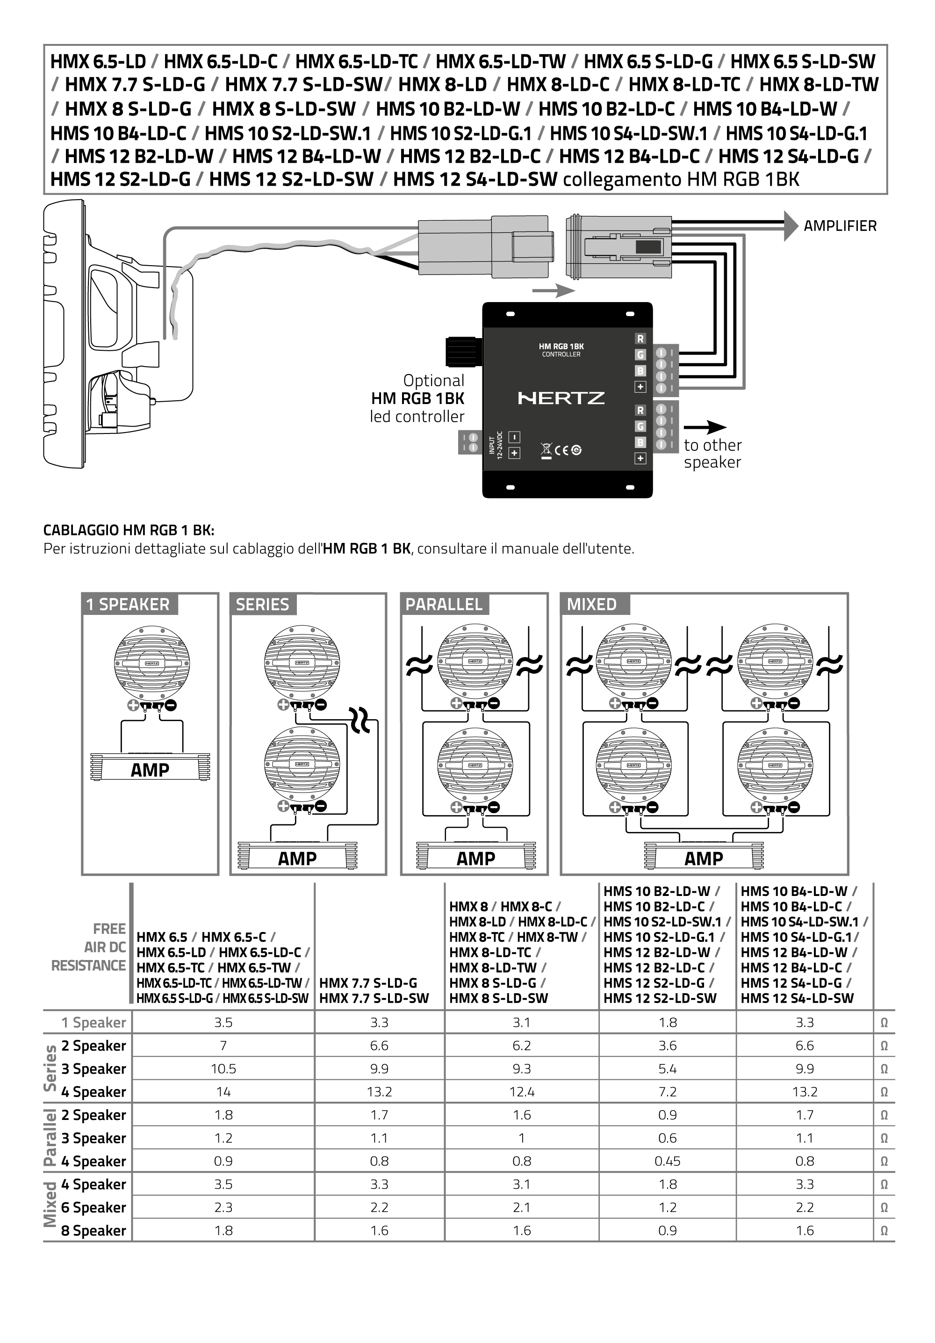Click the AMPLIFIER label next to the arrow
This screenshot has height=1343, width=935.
click(x=840, y=226)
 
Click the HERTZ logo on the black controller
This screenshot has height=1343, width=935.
click(x=561, y=398)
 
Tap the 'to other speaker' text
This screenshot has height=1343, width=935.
click(x=712, y=453)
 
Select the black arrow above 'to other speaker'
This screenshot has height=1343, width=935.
click(x=705, y=427)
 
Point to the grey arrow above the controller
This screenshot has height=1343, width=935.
click(x=553, y=290)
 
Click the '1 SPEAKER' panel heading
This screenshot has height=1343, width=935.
click(x=128, y=604)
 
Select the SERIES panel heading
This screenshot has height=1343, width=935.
click(x=263, y=604)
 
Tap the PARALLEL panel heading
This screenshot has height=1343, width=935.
click(x=444, y=604)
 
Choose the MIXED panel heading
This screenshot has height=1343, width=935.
click(x=592, y=604)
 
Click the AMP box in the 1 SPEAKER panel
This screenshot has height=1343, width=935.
click(x=150, y=770)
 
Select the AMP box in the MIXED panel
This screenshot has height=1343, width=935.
click(x=704, y=859)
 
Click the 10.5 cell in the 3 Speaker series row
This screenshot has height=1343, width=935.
click(x=223, y=1069)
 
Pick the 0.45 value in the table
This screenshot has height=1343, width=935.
click(x=667, y=1161)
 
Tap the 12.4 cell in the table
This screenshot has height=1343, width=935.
click(x=522, y=1091)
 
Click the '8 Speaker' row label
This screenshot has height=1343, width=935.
click(x=93, y=1231)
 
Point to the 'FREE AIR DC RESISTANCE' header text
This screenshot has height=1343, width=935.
click(x=89, y=947)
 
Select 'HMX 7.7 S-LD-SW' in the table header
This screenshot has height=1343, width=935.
click(x=374, y=998)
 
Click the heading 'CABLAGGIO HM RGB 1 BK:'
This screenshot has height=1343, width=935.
click(x=129, y=531)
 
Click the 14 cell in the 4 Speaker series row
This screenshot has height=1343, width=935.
click(x=223, y=1091)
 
